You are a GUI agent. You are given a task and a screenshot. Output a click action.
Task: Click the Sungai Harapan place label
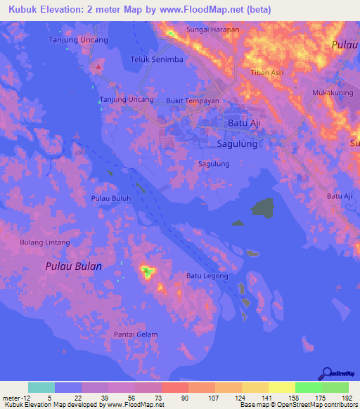pos(212,30)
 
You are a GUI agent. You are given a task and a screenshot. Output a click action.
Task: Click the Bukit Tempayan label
pos(193,100)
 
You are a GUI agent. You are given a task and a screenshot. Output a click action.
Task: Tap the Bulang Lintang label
pos(45,242)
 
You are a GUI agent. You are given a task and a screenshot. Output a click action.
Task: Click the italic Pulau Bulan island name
pos(74,266)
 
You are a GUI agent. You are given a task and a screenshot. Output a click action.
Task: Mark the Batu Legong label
pos(207,276)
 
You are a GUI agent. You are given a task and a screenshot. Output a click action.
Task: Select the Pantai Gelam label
pos(136,335)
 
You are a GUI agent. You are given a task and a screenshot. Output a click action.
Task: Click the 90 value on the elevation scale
pos(184,398)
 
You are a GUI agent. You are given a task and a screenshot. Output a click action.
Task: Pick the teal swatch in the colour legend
pos(41,387)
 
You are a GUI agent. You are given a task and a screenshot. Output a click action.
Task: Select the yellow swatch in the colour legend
pos(282,387)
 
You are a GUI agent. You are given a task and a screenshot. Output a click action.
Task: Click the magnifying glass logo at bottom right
pos(327,373)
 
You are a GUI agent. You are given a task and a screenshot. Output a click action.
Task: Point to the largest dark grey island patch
pos(262,208)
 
